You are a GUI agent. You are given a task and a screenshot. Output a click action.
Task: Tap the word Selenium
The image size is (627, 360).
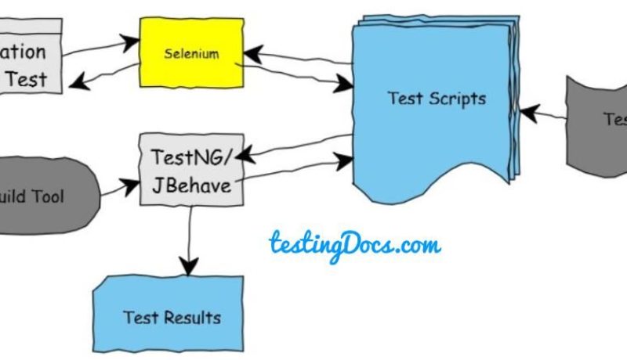[x=191, y=54]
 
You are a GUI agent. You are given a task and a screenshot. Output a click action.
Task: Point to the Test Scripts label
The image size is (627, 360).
[x=437, y=99]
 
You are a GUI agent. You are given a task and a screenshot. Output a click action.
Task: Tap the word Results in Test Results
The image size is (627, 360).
[x=193, y=318]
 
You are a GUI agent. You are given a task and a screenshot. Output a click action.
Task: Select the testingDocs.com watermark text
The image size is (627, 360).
[x=354, y=244]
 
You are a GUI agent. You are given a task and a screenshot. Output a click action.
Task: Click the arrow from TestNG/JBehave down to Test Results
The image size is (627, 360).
[x=189, y=235]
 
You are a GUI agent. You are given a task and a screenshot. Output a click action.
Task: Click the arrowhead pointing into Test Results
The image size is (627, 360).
[x=189, y=267]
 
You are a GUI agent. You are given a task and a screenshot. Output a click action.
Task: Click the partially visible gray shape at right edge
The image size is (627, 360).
[x=597, y=121]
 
